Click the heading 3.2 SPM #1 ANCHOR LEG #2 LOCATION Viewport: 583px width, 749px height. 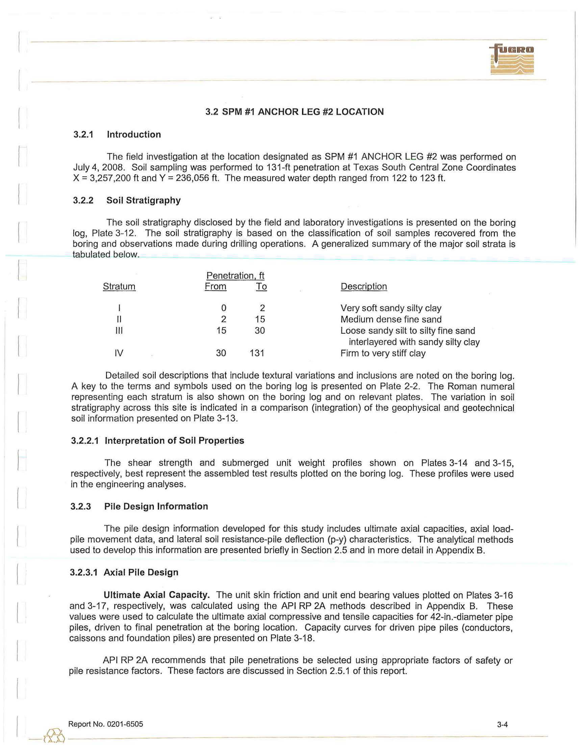(294, 112)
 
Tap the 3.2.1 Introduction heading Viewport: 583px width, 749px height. (117, 134)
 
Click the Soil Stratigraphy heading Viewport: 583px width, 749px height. (143, 200)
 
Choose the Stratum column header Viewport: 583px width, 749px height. (119, 286)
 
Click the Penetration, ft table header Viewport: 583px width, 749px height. (235, 275)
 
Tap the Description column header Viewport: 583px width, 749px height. (363, 286)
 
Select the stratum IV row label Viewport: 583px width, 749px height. (119, 353)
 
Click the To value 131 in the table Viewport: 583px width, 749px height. (257, 353)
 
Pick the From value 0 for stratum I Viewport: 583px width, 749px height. (224, 308)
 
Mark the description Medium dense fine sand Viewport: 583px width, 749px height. (391, 319)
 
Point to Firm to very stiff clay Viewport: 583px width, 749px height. (383, 353)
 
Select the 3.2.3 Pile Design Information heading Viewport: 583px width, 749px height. (139, 506)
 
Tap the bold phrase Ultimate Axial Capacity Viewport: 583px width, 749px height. (157, 595)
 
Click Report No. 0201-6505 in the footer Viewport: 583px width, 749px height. (106, 724)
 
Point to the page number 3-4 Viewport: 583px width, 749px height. (502, 725)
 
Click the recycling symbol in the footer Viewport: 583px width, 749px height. (54, 736)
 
